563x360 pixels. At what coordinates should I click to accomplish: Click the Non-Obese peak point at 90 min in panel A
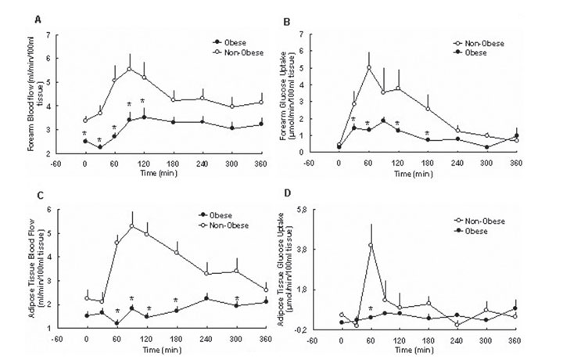tap(129, 69)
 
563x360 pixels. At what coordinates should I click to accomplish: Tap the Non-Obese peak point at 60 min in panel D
tap(370, 245)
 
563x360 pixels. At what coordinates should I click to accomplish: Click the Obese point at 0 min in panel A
tap(84, 141)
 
